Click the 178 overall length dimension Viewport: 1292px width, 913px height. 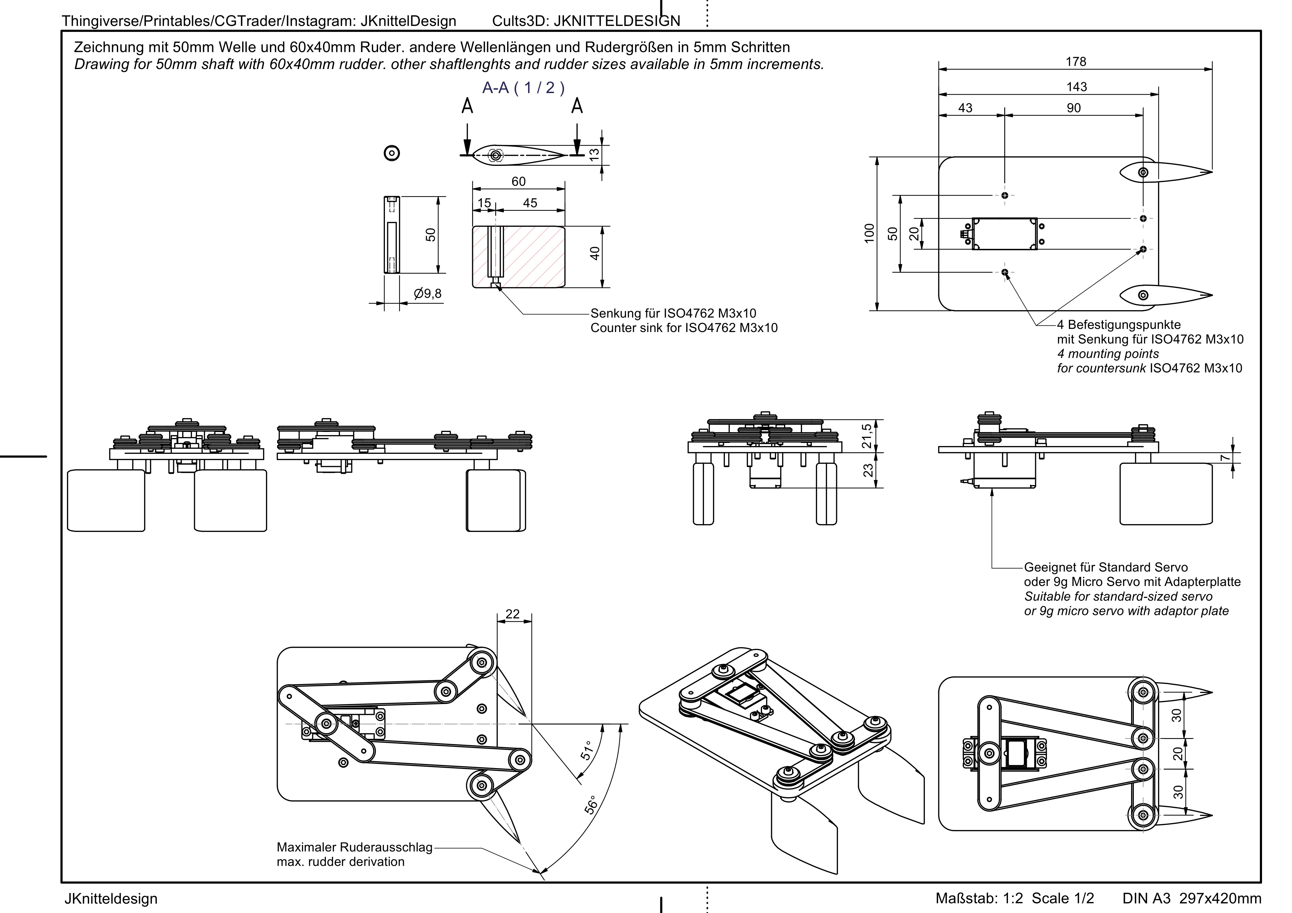pyautogui.click(x=1075, y=62)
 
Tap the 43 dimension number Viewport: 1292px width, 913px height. pyautogui.click(x=965, y=108)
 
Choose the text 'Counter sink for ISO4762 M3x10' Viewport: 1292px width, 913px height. pyautogui.click(x=684, y=328)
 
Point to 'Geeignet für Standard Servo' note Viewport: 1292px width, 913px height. pyautogui.click(x=1106, y=567)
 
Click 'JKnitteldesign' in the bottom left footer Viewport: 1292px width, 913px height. pyautogui.click(x=111, y=898)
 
